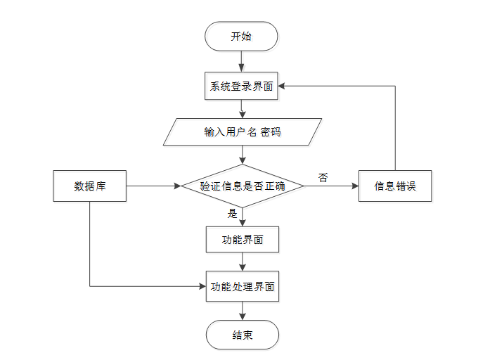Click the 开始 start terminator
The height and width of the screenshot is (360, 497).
[x=241, y=36]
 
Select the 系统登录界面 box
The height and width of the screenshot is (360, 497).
[x=241, y=86]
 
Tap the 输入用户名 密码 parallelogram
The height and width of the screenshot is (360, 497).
[x=243, y=131]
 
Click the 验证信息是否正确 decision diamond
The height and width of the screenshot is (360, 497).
[x=243, y=186]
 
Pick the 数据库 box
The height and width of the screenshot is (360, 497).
[x=90, y=186]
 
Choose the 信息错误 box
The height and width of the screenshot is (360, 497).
[x=395, y=186]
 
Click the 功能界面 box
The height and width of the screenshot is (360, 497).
[x=243, y=240]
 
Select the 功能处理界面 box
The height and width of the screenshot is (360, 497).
[x=243, y=286]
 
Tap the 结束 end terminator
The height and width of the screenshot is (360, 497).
[x=243, y=335]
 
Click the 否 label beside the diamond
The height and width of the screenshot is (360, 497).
[x=323, y=177]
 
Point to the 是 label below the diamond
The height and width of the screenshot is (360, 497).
[x=233, y=213]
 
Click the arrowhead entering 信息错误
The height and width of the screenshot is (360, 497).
[x=355, y=186]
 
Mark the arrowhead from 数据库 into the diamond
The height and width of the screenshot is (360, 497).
[x=177, y=186]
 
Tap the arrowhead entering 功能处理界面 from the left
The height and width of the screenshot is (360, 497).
[x=203, y=286]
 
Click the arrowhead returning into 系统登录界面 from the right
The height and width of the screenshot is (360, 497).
[x=281, y=86]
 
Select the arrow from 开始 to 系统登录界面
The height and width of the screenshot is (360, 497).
[x=241, y=61]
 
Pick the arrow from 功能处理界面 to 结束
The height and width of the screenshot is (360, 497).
[x=243, y=311]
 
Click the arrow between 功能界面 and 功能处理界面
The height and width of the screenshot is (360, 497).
[x=243, y=262]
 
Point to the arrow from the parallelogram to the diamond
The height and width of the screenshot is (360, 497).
[x=243, y=155]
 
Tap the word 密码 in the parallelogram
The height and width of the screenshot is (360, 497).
[x=271, y=131]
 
